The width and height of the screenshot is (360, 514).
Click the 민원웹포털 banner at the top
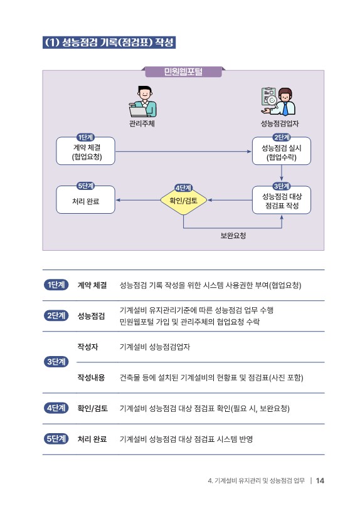(x=183, y=72)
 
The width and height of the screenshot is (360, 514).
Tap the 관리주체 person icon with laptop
(x=142, y=102)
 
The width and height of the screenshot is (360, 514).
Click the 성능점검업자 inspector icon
(x=278, y=102)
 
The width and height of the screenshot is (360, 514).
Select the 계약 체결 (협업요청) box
(x=85, y=151)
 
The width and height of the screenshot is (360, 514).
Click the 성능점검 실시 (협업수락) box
(x=282, y=151)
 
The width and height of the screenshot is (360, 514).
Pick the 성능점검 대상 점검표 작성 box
(x=282, y=200)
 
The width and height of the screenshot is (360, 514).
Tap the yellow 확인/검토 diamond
(x=183, y=201)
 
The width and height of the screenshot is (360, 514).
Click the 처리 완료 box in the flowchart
(x=85, y=200)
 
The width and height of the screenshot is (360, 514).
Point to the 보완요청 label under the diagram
(x=233, y=235)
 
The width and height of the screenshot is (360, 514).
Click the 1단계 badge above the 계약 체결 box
(x=85, y=137)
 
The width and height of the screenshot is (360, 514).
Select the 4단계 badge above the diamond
(x=183, y=188)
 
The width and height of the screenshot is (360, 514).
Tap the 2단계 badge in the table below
(x=56, y=316)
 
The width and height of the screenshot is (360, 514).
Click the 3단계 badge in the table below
(x=56, y=362)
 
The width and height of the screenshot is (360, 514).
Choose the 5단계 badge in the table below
(x=56, y=439)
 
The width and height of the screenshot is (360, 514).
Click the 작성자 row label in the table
(x=88, y=347)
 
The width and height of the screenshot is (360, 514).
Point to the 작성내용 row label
(x=91, y=377)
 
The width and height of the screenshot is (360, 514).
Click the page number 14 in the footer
(x=320, y=481)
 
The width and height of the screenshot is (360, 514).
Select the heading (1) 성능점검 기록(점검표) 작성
(x=109, y=42)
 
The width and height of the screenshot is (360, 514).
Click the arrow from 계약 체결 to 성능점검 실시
(x=184, y=152)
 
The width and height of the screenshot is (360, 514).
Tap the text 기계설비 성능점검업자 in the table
(x=155, y=347)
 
